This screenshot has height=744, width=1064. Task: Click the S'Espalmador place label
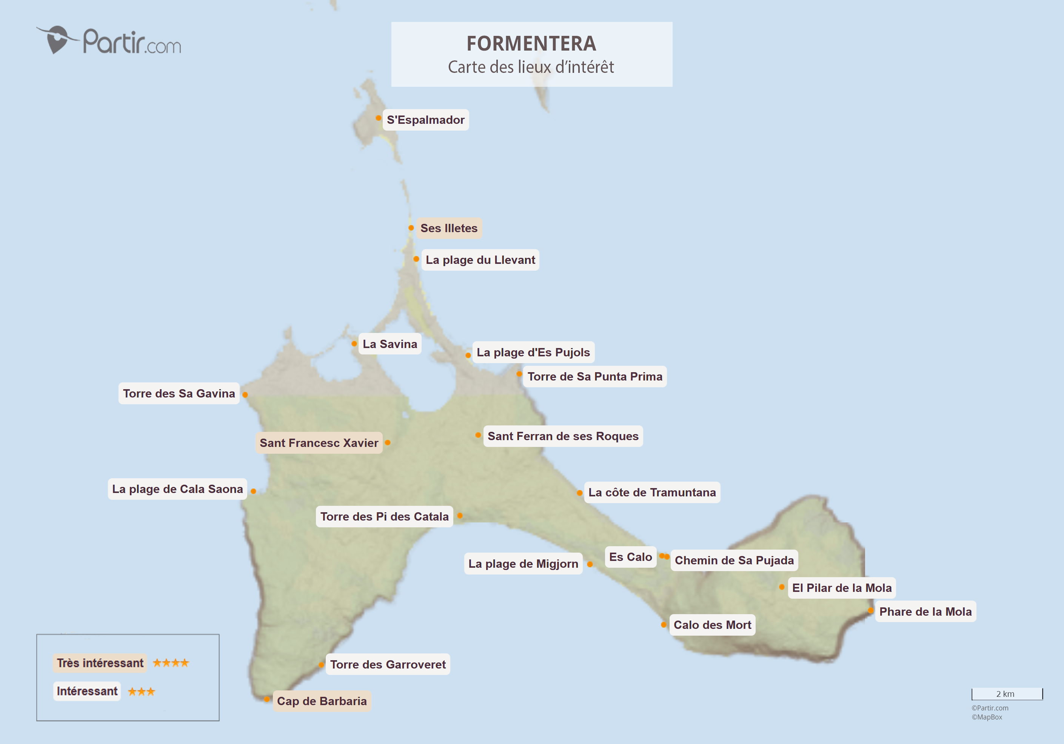(425, 120)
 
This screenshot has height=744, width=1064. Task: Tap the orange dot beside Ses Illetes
(411, 228)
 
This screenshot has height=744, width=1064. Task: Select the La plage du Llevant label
(480, 260)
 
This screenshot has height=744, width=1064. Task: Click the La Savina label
(390, 344)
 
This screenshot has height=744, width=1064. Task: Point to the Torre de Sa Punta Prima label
(594, 376)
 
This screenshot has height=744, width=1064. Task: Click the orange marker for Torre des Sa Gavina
(245, 394)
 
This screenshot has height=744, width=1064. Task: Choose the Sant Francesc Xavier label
(319, 443)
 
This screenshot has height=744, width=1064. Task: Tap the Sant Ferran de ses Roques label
(563, 436)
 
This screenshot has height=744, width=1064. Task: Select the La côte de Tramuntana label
(651, 492)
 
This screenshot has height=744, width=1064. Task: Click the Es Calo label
(630, 557)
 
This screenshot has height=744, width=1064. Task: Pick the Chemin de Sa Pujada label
(734, 561)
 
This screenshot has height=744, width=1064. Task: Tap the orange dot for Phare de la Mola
(871, 610)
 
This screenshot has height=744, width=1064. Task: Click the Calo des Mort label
(712, 625)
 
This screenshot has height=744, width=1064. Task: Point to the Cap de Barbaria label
(322, 701)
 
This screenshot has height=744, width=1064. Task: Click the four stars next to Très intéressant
(171, 663)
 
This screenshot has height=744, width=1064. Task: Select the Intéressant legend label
(87, 691)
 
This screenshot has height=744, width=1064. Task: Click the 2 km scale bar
(1007, 694)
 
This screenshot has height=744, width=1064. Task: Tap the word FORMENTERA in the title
(531, 43)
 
